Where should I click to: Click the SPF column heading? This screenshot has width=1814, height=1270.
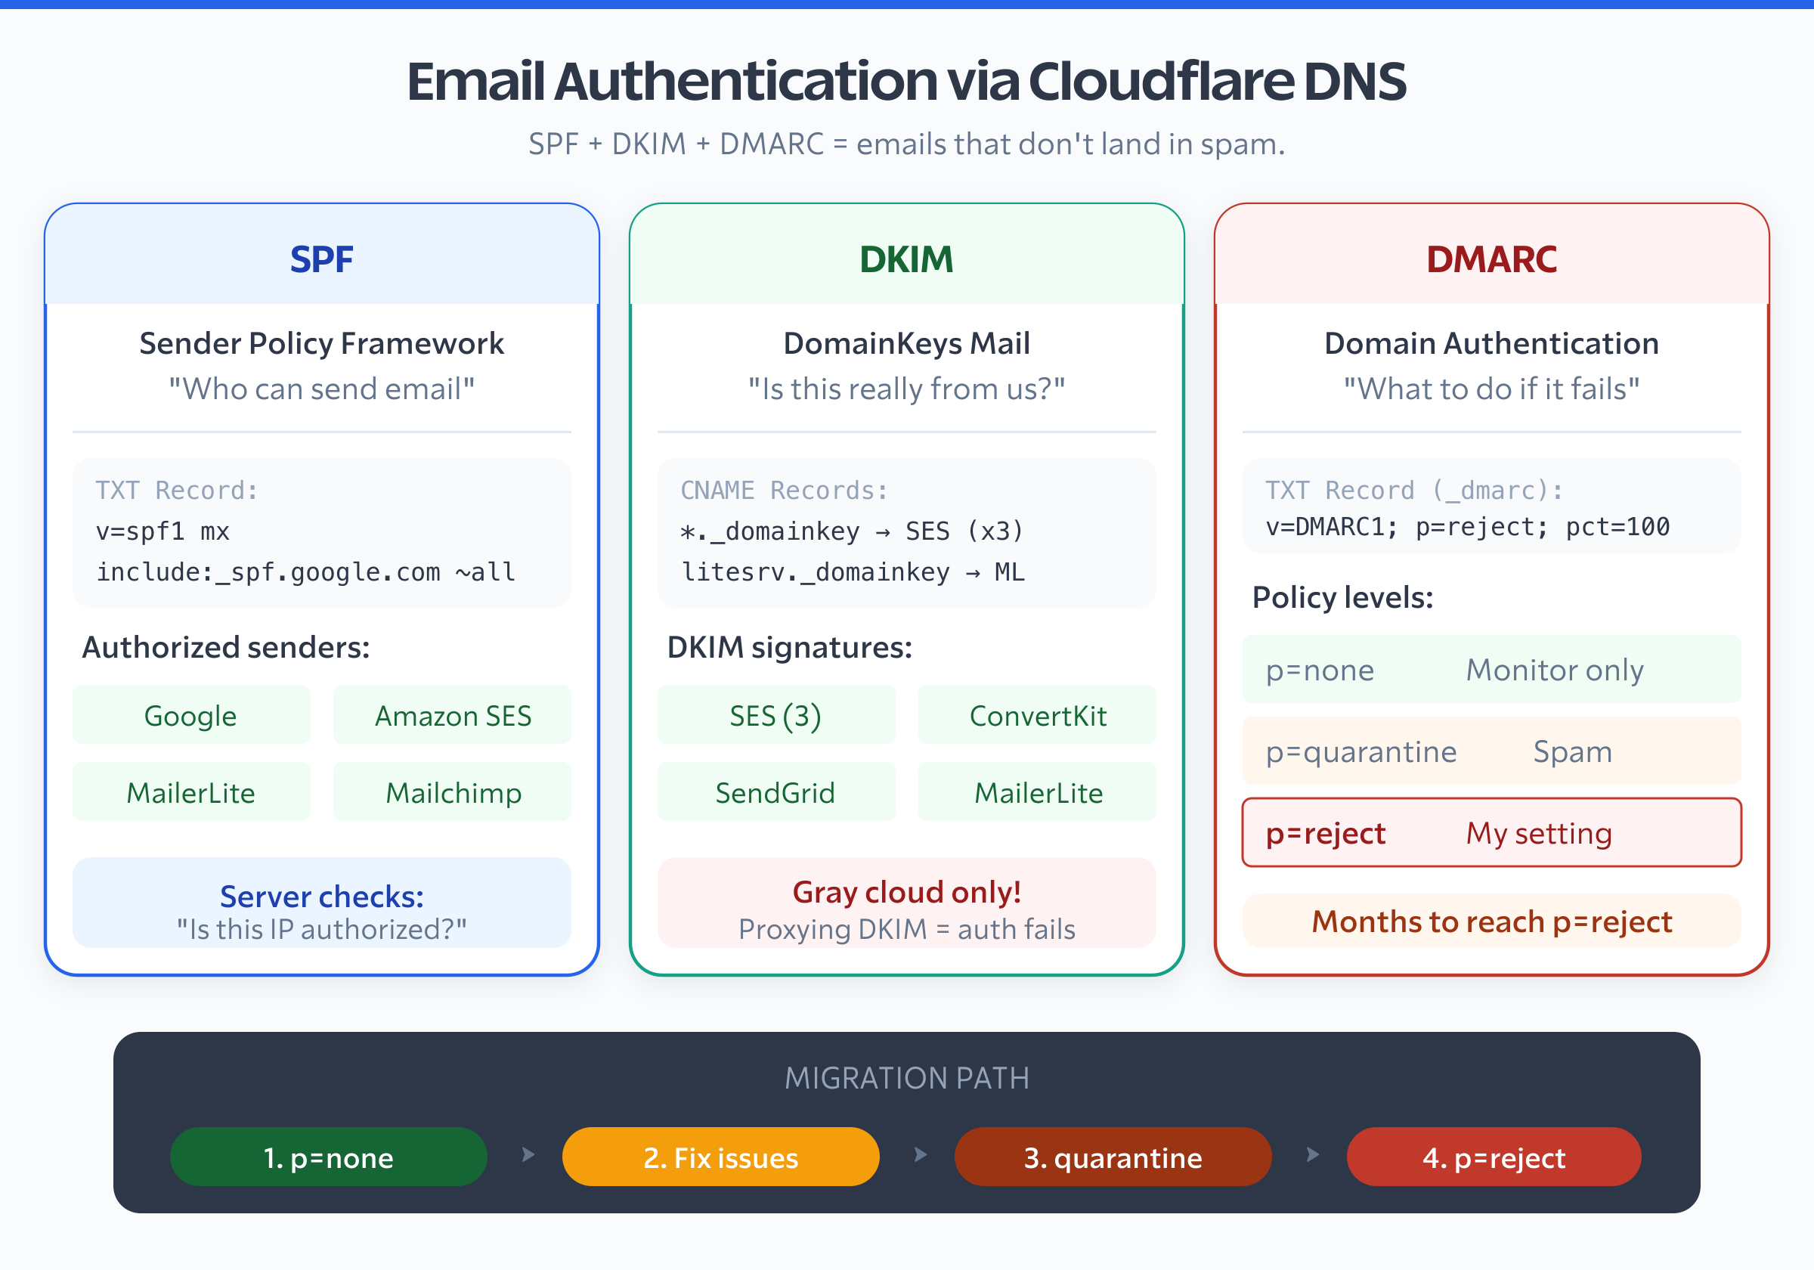(321, 259)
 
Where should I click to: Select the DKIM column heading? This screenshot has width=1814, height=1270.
(906, 259)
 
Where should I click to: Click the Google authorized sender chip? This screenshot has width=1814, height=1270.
(191, 715)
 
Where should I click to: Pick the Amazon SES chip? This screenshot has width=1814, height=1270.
(452, 715)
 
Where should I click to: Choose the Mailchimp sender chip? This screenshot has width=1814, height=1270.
(452, 792)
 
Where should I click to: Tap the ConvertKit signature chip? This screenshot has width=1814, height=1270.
(1036, 715)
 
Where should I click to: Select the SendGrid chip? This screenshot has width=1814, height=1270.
(775, 792)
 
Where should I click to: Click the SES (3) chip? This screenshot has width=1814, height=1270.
(775, 715)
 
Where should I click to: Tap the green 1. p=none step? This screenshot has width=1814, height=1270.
(328, 1157)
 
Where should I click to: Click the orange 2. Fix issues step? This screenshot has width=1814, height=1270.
(720, 1157)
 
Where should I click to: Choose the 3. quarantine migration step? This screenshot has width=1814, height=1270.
(1113, 1157)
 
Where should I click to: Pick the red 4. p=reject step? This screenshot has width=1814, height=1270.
(1494, 1157)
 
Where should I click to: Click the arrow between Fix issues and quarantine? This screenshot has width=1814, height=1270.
(920, 1154)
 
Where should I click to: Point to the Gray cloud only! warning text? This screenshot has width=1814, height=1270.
(906, 892)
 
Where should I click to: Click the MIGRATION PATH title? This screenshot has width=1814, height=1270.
(906, 1078)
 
